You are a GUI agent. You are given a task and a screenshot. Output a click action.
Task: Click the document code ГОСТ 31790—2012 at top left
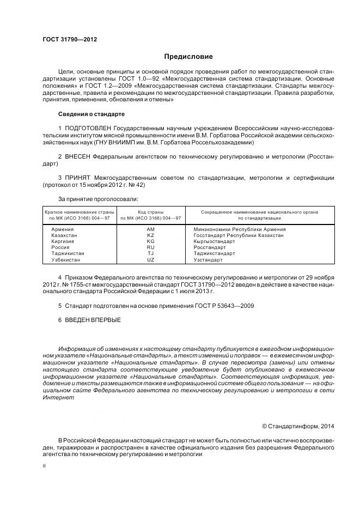(x=66, y=39)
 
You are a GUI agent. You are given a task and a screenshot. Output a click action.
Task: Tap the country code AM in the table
(x=150, y=229)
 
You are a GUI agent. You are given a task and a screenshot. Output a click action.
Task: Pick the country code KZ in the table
(x=150, y=235)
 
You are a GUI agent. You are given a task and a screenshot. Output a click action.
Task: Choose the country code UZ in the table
(x=150, y=260)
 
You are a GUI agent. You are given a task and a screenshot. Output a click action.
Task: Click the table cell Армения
(x=62, y=229)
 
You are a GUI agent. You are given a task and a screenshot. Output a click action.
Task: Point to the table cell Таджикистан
(x=68, y=253)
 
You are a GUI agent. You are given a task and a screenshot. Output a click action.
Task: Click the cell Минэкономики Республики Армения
(x=240, y=229)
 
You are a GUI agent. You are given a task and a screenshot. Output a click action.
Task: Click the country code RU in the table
(x=150, y=247)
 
